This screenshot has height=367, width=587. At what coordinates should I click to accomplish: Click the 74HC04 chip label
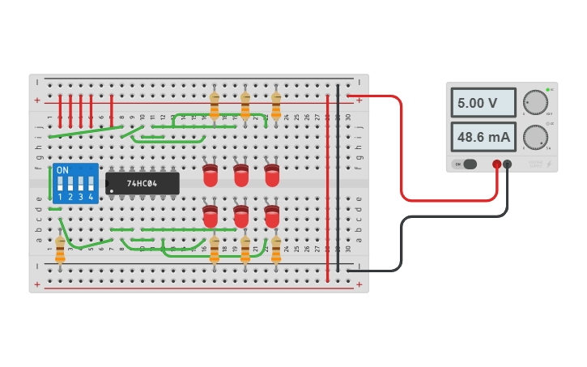142,183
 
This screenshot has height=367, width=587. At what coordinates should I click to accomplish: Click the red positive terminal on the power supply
497,164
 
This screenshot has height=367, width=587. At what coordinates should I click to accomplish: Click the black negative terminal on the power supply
508,164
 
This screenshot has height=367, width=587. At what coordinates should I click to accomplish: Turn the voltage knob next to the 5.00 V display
534,102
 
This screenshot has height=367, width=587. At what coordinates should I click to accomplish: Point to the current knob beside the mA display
534,136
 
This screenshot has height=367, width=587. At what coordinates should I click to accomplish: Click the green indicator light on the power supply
548,89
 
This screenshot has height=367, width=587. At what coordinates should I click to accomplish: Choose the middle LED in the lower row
241,216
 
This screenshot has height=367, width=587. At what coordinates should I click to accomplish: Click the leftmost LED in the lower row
211,216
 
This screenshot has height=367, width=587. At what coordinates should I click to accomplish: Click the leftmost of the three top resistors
215,104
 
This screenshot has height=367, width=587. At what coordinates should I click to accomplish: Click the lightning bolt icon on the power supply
550,164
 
